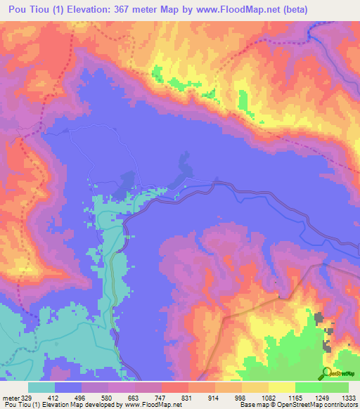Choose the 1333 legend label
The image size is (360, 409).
tap(347, 398)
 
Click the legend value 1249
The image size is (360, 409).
tap(318, 398)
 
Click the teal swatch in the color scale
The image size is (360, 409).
tap(41, 387)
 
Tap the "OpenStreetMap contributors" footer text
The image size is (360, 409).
tap(317, 405)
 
